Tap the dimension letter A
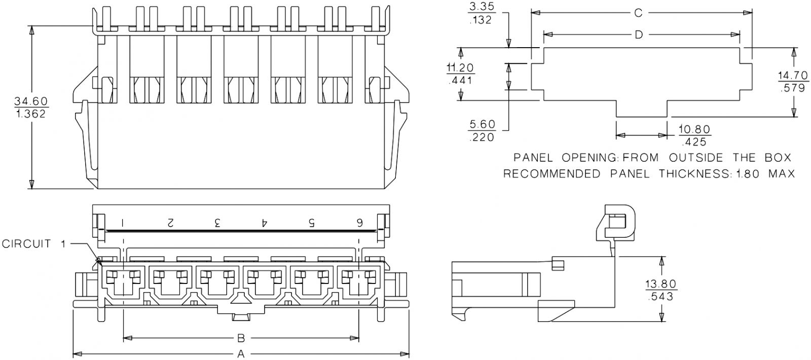(241, 353)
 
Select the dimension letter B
(241, 338)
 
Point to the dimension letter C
(639, 13)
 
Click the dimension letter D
(639, 34)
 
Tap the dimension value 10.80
(695, 129)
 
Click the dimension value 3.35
(482, 7)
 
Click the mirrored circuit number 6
(359, 222)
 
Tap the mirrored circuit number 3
(217, 222)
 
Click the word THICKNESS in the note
(693, 174)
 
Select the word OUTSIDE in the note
(696, 158)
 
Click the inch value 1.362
(31, 114)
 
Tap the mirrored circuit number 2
(170, 222)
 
